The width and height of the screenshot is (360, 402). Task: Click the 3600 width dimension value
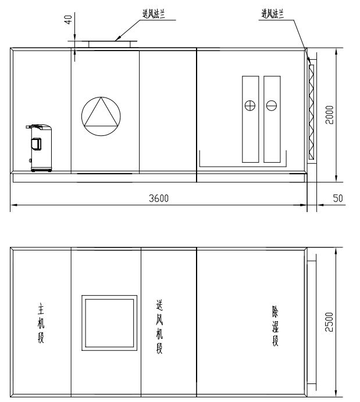click(x=159, y=198)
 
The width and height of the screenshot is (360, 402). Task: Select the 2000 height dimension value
click(x=329, y=115)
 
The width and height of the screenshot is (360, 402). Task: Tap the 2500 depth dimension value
click(x=329, y=322)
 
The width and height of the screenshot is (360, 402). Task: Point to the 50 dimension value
click(x=338, y=198)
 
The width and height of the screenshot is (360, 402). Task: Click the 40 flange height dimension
click(x=69, y=20)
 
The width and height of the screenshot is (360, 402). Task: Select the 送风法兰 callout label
click(x=154, y=14)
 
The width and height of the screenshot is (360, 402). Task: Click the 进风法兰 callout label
click(x=273, y=14)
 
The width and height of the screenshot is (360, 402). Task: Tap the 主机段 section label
click(x=41, y=323)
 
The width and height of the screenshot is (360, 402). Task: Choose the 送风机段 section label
click(x=159, y=327)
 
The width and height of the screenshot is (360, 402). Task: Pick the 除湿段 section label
click(x=275, y=325)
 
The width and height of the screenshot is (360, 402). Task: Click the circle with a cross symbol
click(x=250, y=105)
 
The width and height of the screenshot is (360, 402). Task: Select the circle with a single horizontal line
click(x=272, y=105)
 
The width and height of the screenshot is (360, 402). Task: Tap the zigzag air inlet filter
click(x=312, y=112)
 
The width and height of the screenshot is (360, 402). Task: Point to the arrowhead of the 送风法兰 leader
click(x=116, y=40)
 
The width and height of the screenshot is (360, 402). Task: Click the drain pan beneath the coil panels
click(x=243, y=167)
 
